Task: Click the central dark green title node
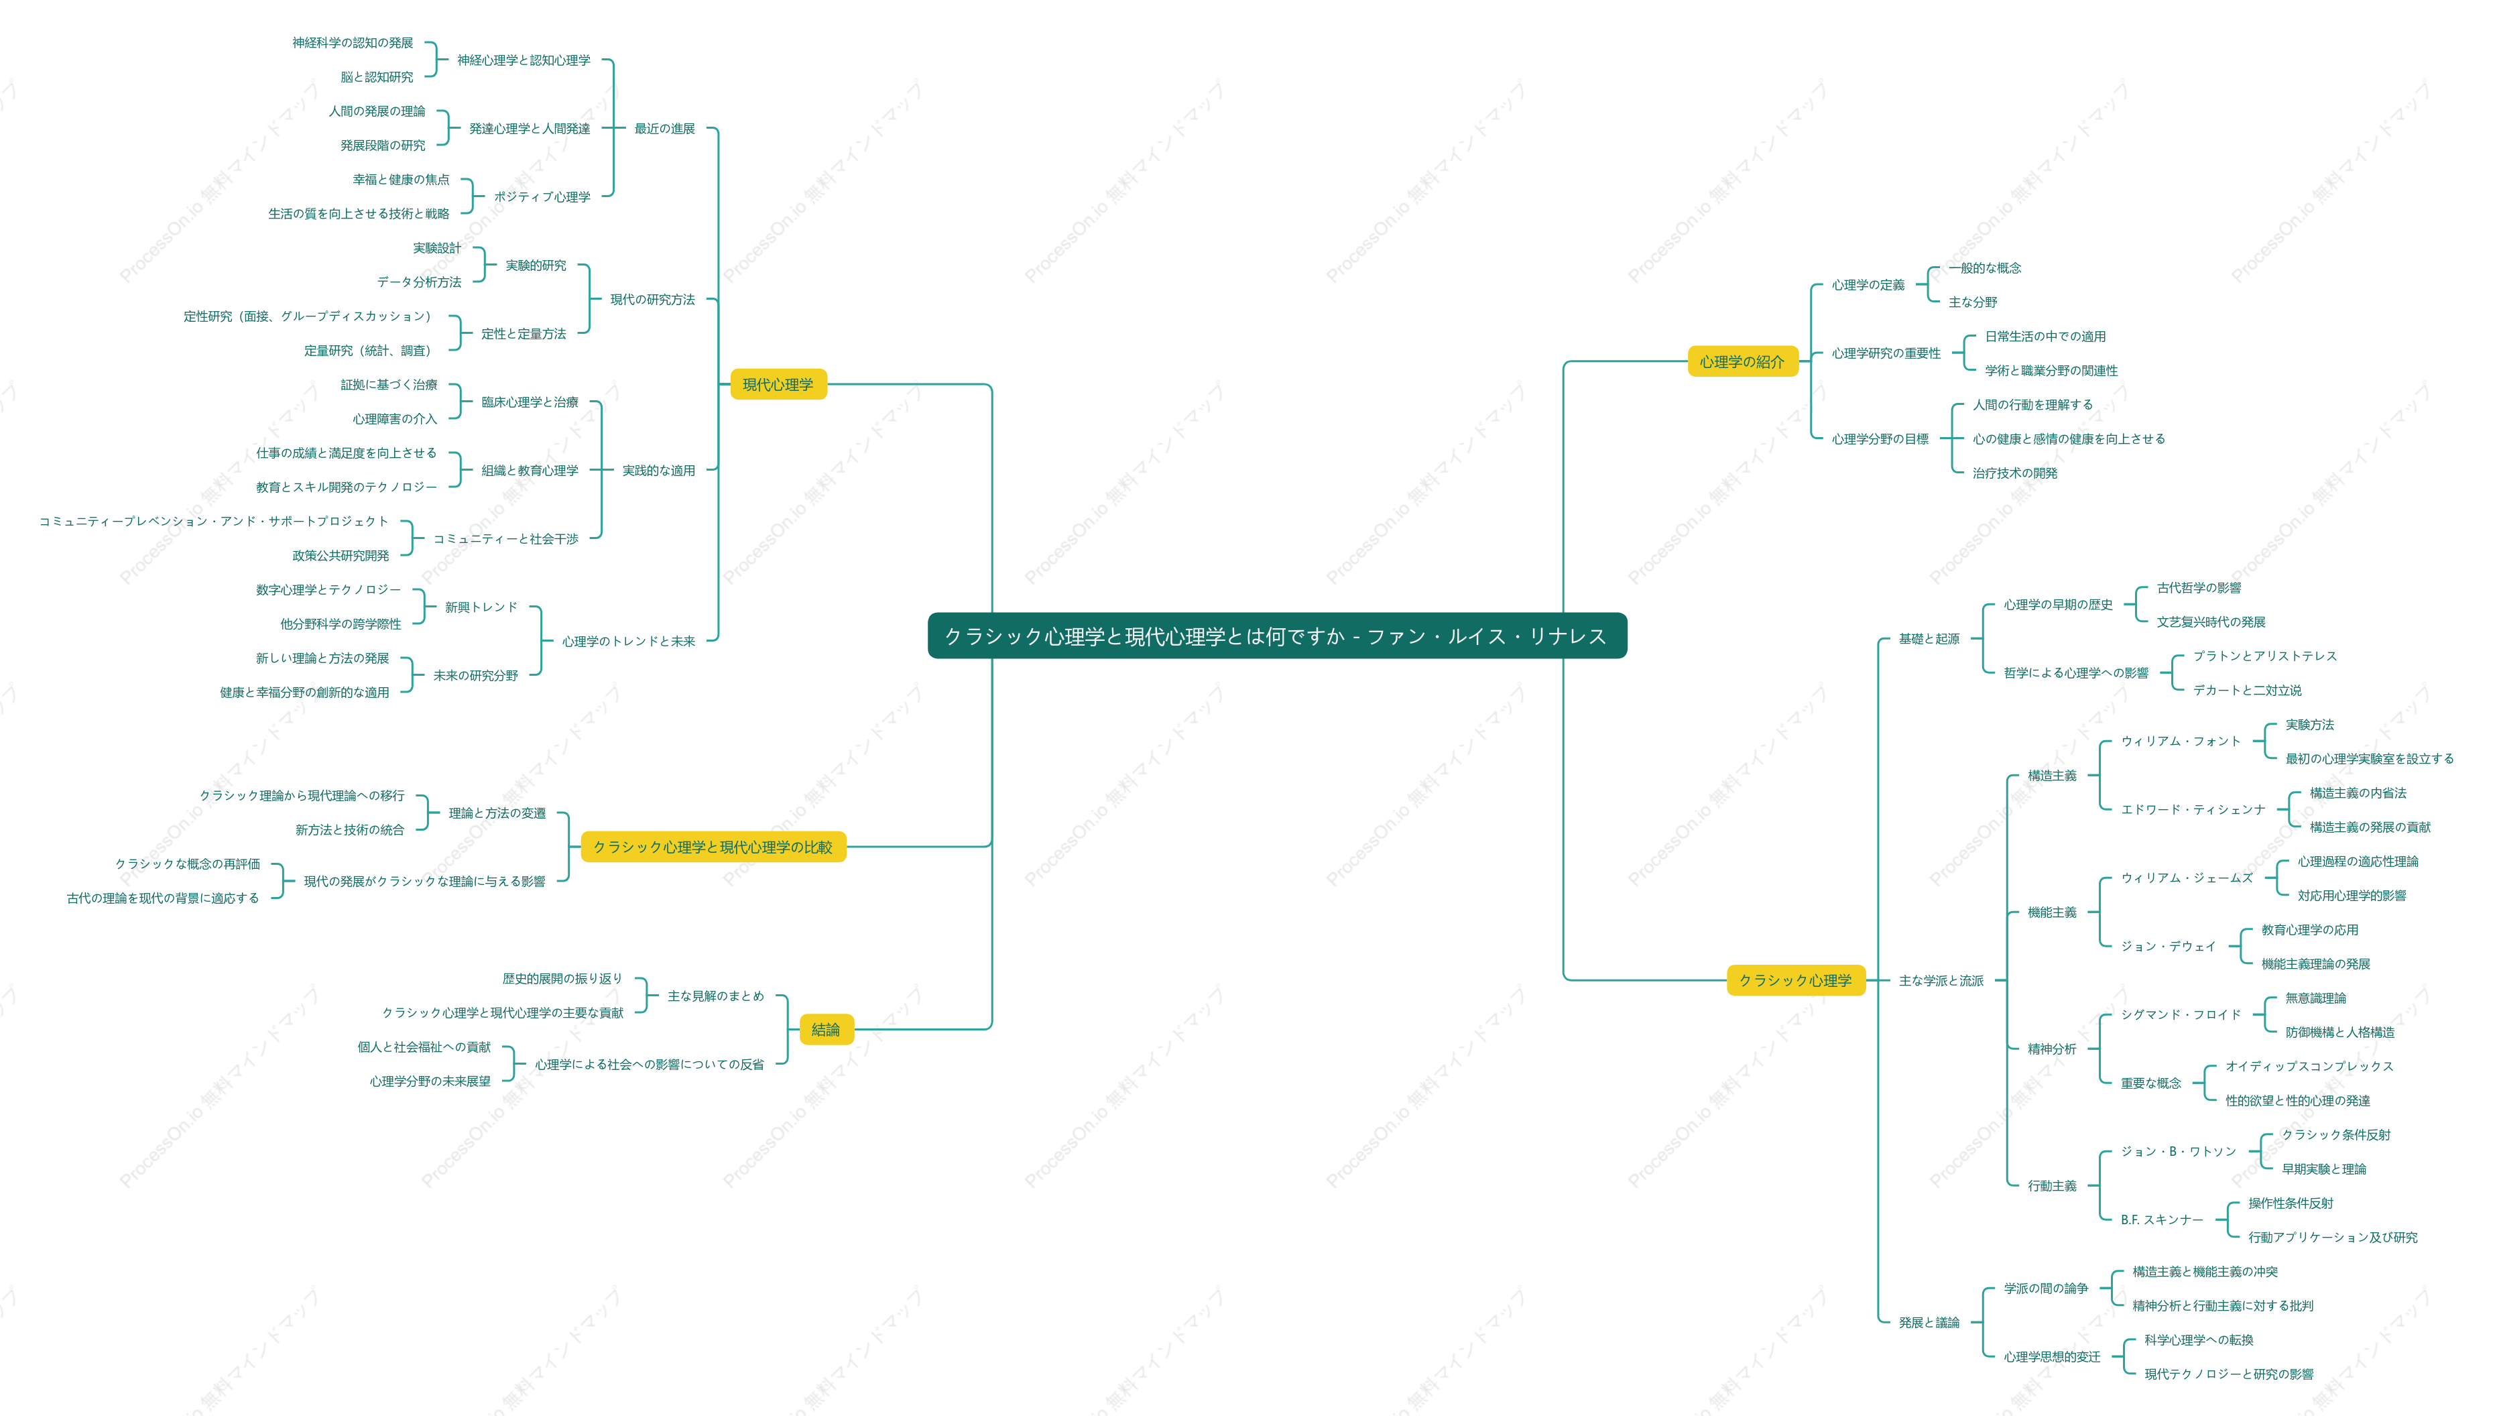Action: coord(1277,636)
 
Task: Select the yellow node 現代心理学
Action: coord(778,384)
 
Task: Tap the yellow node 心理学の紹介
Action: coord(1742,361)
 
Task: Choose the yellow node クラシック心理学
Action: coord(1795,979)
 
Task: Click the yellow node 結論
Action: coord(825,1029)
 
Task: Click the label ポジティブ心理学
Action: coord(542,197)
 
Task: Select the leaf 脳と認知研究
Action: coord(377,77)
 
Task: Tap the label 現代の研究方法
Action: coord(652,300)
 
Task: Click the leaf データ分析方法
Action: coord(419,282)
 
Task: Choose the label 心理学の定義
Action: coord(1868,285)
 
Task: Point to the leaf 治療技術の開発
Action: coord(2014,473)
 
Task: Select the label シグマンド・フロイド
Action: coord(2181,1014)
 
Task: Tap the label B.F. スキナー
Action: coord(2161,1220)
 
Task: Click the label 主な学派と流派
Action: coord(1941,980)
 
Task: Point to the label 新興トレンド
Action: coord(481,607)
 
